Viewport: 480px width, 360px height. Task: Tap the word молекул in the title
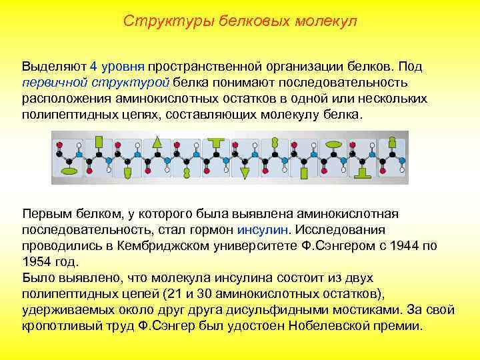(327, 21)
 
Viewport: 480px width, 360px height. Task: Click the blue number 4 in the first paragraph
(93, 67)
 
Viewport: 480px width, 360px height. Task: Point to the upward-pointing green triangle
(157, 141)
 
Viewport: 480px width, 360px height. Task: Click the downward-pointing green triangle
(245, 173)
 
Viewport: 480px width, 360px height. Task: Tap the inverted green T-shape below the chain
(364, 173)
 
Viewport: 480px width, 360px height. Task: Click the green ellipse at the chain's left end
(69, 172)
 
